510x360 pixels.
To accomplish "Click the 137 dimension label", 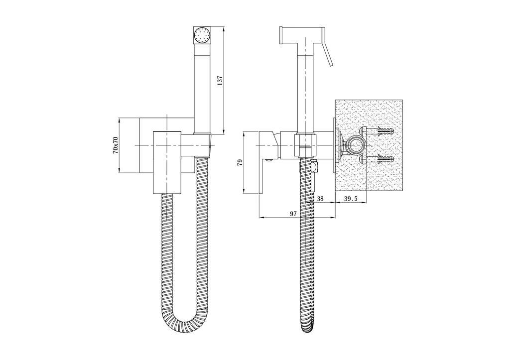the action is point(220,80).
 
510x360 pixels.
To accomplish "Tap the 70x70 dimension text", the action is point(115,145).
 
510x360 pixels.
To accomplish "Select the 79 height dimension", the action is point(240,163).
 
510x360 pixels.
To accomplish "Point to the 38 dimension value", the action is point(320,199).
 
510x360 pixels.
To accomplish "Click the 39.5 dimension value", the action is point(351,199).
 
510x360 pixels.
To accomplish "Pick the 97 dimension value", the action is point(293,214).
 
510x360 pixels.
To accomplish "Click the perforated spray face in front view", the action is point(202,34).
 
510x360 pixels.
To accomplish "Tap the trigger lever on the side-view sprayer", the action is point(327,48).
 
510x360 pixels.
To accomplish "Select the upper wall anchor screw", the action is point(381,132).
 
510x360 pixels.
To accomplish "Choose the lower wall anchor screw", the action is point(381,159).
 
